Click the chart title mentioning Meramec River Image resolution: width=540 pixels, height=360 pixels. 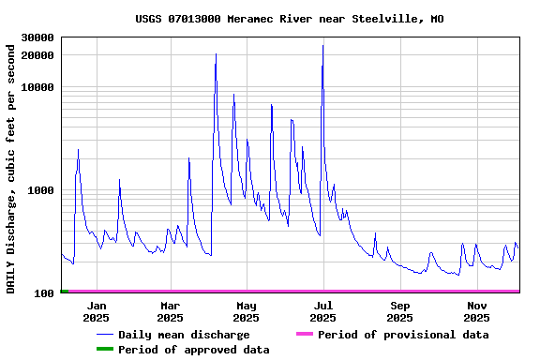[x=290, y=19]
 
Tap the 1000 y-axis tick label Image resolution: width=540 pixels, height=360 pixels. [x=40, y=190]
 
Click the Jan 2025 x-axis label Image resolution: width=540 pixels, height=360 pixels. [x=96, y=311]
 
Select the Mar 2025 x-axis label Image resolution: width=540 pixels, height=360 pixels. [x=171, y=311]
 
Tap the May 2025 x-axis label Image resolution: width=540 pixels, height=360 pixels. [x=247, y=311]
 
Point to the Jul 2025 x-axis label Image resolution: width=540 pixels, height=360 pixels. [x=322, y=311]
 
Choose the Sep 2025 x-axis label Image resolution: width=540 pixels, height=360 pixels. [x=400, y=311]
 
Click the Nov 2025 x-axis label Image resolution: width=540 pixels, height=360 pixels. [x=476, y=311]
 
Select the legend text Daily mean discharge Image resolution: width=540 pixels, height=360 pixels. [x=184, y=335]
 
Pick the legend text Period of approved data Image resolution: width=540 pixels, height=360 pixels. [x=194, y=350]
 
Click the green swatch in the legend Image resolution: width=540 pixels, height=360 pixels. [x=104, y=350]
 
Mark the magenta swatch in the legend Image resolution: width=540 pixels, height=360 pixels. [x=303, y=335]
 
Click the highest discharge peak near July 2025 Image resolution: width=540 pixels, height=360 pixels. [x=323, y=46]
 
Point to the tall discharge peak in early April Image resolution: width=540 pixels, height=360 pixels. [x=216, y=54]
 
